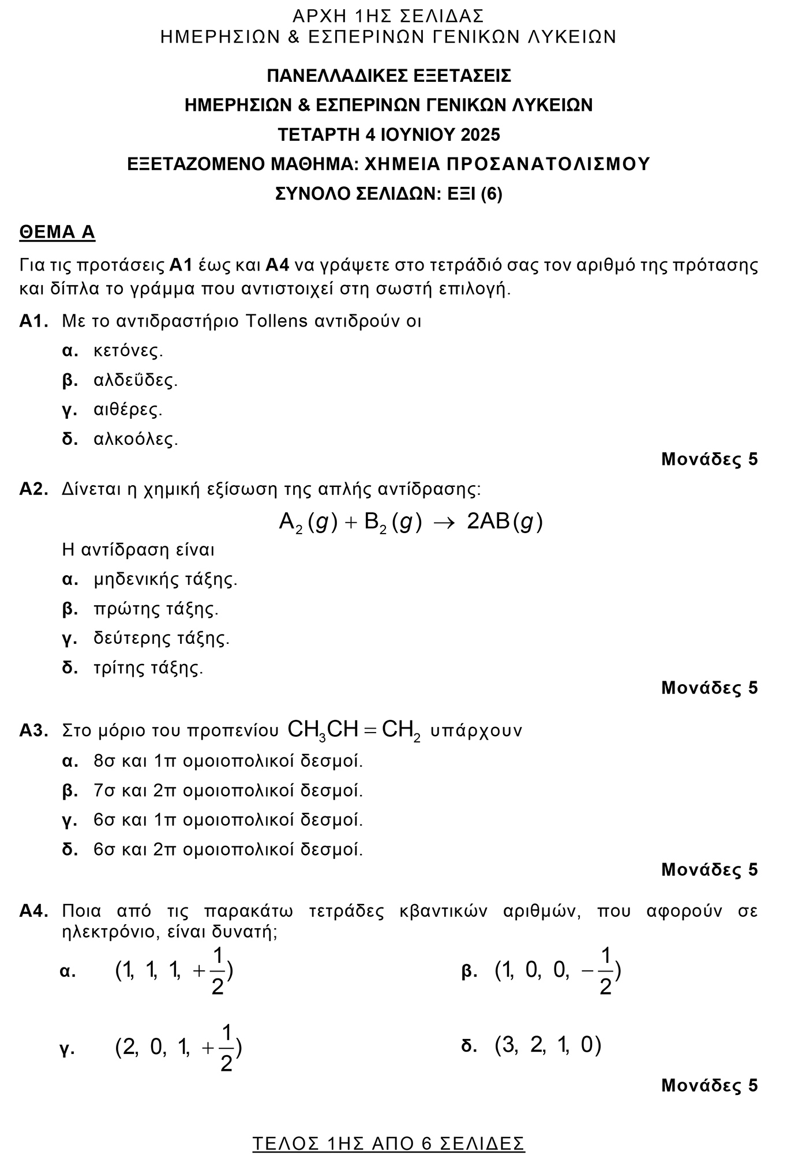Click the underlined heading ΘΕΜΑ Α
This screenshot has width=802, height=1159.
click(x=57, y=232)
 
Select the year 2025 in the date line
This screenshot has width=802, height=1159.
click(x=480, y=135)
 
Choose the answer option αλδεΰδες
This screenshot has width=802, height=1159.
click(x=136, y=380)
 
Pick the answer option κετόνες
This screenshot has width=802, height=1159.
click(x=128, y=351)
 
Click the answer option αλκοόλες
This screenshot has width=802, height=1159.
click(x=136, y=440)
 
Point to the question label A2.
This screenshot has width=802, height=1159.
click(x=33, y=489)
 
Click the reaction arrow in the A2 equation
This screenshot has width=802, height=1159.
click(x=444, y=522)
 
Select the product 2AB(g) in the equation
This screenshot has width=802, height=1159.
click(x=504, y=522)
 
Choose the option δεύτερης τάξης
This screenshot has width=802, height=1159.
click(x=162, y=639)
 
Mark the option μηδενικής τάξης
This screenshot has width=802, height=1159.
click(x=166, y=579)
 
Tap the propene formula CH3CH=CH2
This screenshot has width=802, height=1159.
click(x=354, y=730)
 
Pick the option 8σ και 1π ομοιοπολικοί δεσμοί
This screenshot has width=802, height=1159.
click(x=228, y=761)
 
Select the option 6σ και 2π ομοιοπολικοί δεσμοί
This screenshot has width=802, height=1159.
click(x=228, y=850)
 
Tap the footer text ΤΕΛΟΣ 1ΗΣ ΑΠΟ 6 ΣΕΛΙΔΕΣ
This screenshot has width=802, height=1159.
click(x=388, y=1143)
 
